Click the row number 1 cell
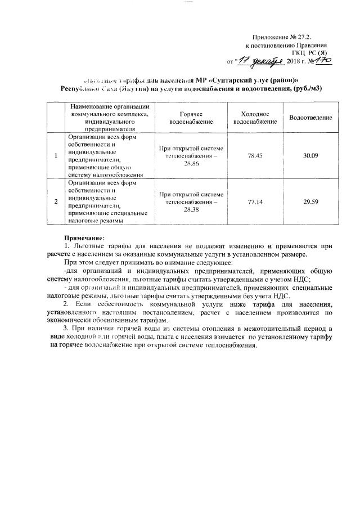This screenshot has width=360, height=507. pos(56,155)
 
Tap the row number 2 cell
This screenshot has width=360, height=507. pos(56,201)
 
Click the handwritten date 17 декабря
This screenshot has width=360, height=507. pos(259,60)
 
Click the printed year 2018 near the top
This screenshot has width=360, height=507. pos(294,61)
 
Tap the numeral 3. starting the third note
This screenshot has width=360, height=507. pos(66,327)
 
